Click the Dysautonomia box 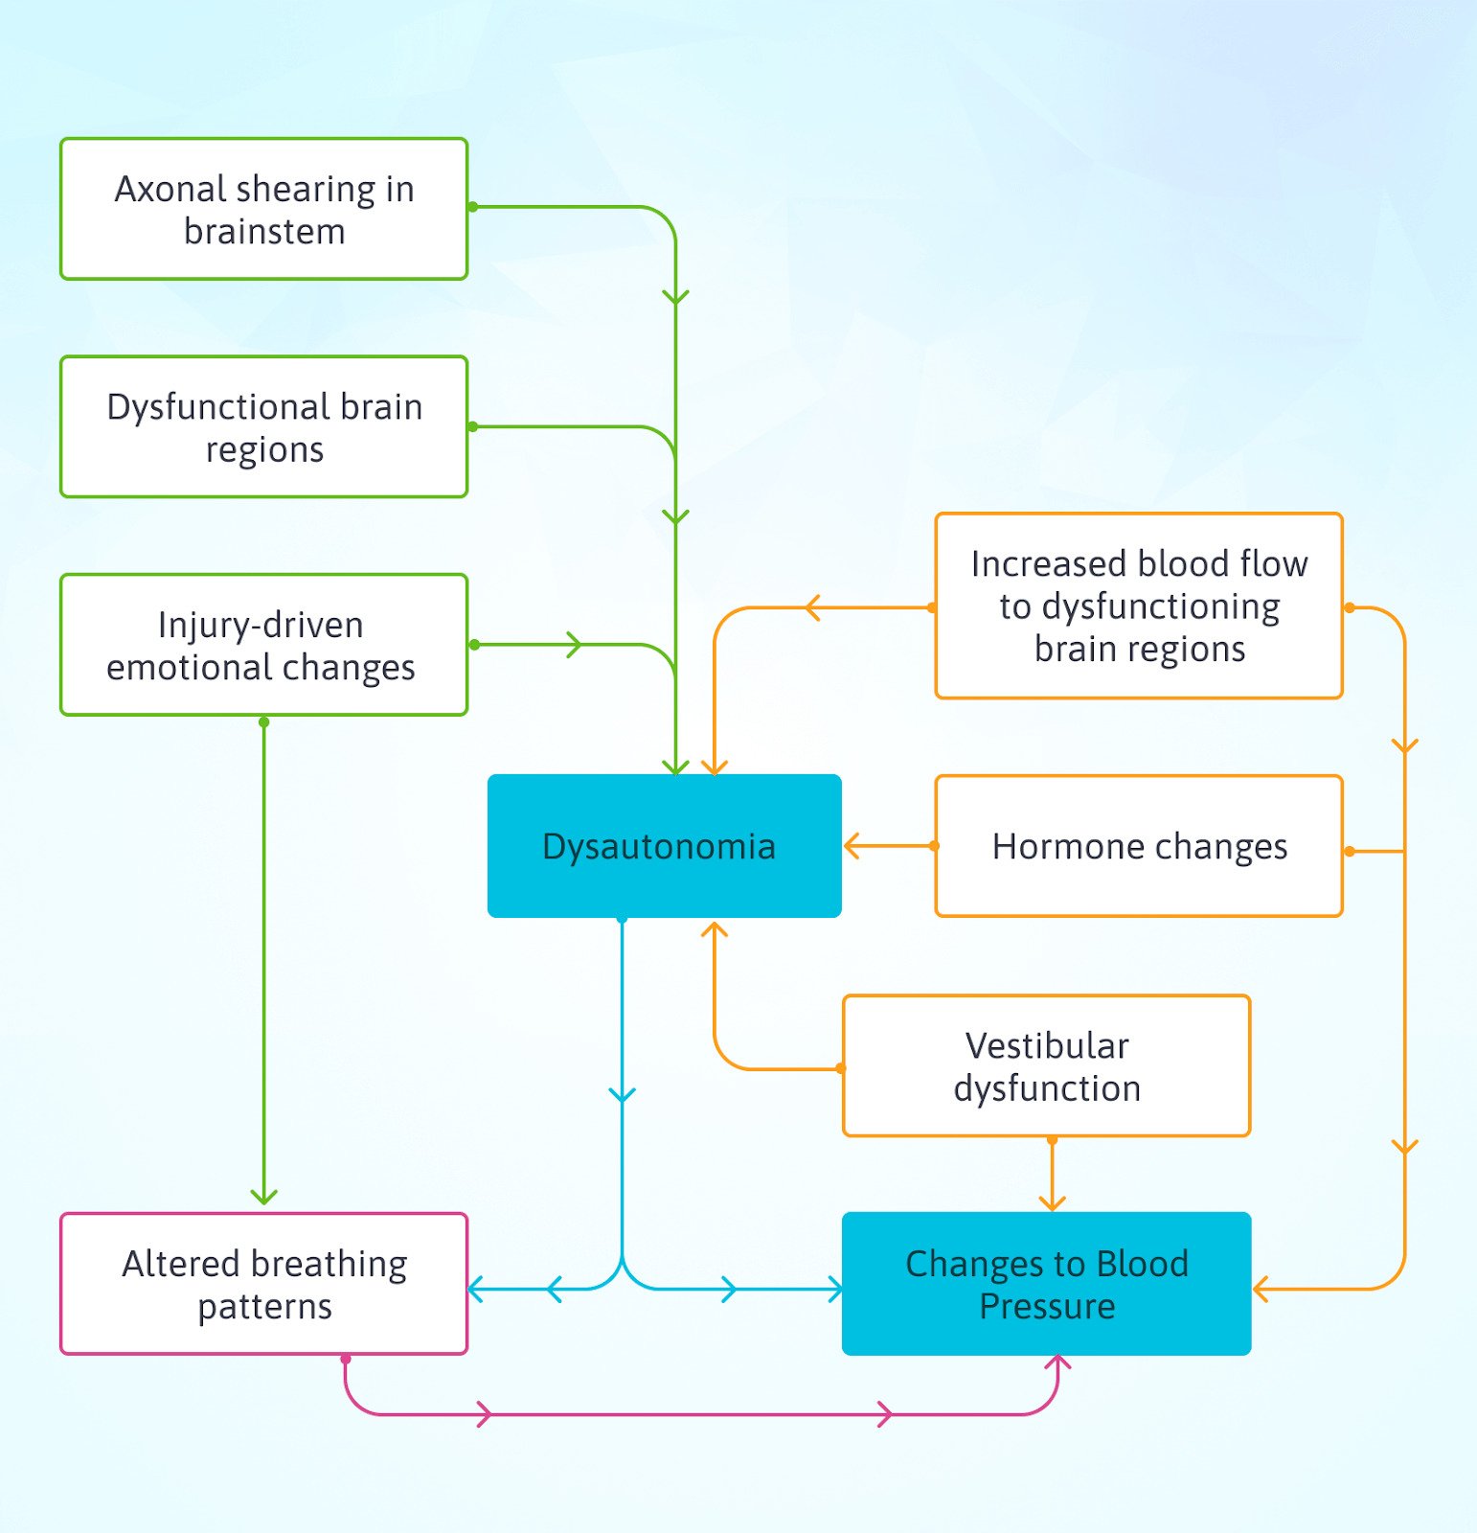(664, 846)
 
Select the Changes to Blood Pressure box (1046, 1284)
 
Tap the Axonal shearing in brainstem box (263, 209)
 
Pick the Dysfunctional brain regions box (263, 427)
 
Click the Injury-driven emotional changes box (263, 645)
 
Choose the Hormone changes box (1139, 846)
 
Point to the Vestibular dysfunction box (1046, 1065)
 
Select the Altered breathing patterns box (263, 1284)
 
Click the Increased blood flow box (1139, 606)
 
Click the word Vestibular (1046, 1045)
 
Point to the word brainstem (264, 232)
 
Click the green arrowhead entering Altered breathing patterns (263, 1198)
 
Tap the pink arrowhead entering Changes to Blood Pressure (1057, 1364)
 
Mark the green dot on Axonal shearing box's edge (472, 207)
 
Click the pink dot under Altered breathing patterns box (346, 1359)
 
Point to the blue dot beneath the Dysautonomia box (623, 920)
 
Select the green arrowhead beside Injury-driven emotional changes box (574, 645)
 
